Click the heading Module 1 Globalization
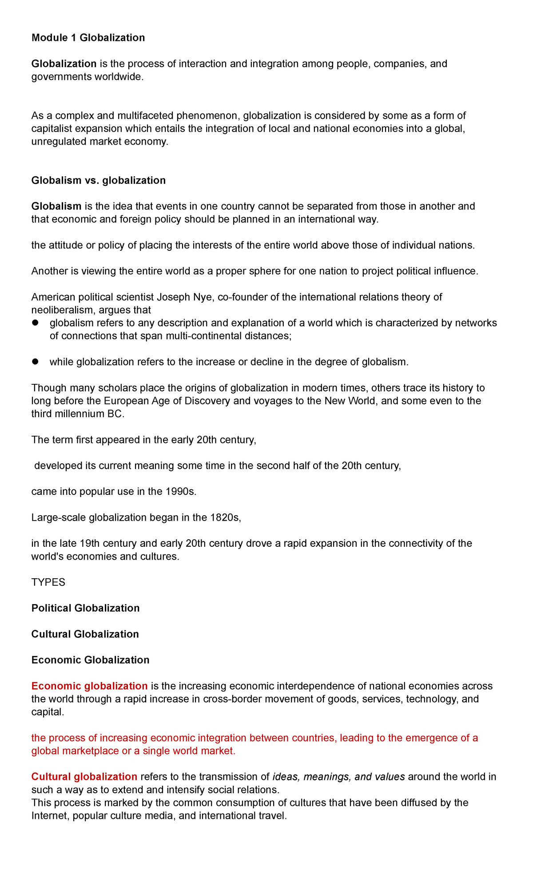pyautogui.click(x=88, y=38)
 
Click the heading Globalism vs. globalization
pyautogui.click(x=98, y=180)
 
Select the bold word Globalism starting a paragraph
pyautogui.click(x=56, y=206)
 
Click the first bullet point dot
pyautogui.click(x=36, y=323)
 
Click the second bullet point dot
pyautogui.click(x=36, y=362)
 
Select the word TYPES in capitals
pyautogui.click(x=48, y=582)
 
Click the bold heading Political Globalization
pyautogui.click(x=85, y=608)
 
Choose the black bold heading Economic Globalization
pyautogui.click(x=90, y=660)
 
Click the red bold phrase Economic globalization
pyautogui.click(x=89, y=686)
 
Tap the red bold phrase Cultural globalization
pyautogui.click(x=84, y=777)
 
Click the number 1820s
pyautogui.click(x=225, y=518)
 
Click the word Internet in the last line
pyautogui.click(x=48, y=816)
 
